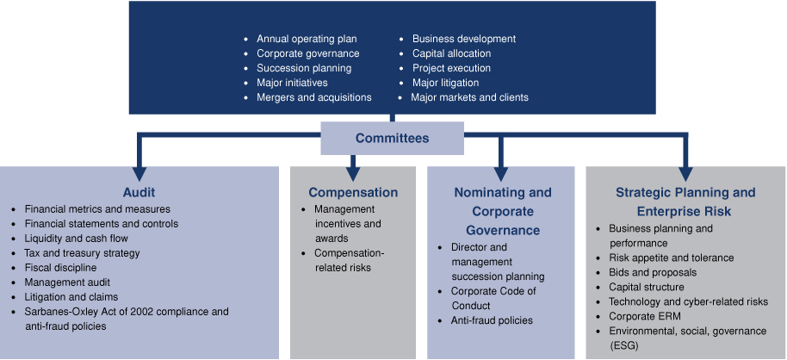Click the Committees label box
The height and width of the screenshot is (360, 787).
point(392,138)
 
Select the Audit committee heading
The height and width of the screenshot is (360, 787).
point(139,192)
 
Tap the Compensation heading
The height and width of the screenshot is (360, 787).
point(353,192)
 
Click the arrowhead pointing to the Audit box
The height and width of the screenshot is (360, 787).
point(139,173)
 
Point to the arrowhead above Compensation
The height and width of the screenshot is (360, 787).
point(353,173)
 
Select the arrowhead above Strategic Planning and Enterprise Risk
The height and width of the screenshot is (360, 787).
point(685,173)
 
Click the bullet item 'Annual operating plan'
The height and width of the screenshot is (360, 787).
point(307,39)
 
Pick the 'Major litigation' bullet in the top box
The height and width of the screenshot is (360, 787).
point(446,83)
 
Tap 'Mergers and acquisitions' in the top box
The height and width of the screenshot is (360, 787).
point(314,97)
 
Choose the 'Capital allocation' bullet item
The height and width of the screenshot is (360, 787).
point(452,53)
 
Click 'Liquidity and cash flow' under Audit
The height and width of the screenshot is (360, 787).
point(77,238)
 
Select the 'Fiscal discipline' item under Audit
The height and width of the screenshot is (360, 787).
point(61,268)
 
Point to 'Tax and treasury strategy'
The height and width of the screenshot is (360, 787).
point(83,253)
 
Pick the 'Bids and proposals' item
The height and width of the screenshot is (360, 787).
point(653,273)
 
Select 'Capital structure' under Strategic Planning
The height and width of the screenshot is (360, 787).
point(647,287)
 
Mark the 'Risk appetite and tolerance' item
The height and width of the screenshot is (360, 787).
point(672,258)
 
